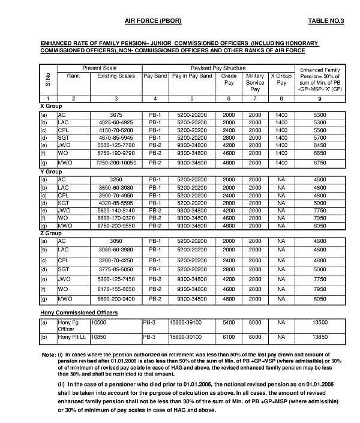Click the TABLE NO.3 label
326,21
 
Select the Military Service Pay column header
255,82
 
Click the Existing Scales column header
116,76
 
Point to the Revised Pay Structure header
218,68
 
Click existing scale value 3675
116,113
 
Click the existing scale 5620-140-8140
116,211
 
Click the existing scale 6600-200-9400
116,298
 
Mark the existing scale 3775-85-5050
116,270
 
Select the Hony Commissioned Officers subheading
79,313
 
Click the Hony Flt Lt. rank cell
73,338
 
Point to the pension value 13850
320,338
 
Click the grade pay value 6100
229,338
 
